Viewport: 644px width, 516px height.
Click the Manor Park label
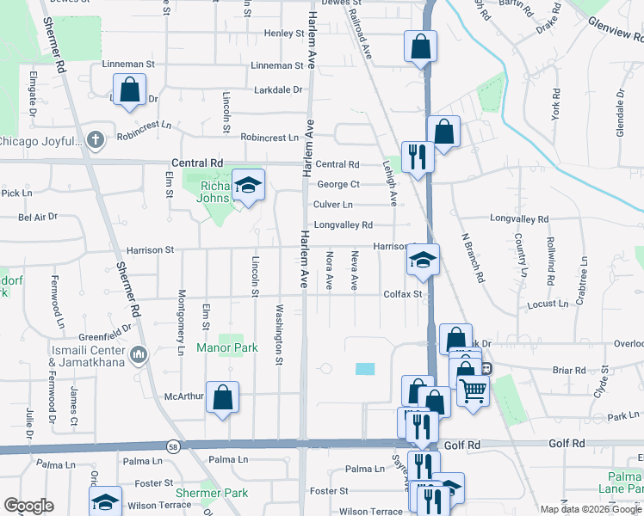[227, 348]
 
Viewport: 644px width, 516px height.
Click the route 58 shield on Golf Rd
[173, 445]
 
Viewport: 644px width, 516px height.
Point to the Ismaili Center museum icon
[139, 353]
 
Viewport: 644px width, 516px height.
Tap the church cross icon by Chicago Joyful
[96, 138]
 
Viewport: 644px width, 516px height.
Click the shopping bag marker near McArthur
[222, 397]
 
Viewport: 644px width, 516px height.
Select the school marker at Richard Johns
[248, 185]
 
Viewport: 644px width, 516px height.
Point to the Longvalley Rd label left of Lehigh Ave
[343, 225]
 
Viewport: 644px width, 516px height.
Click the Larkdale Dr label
[278, 89]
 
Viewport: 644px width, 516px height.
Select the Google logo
[28, 506]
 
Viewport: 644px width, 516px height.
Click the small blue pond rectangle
[365, 368]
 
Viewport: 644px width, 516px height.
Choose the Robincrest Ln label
[269, 138]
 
